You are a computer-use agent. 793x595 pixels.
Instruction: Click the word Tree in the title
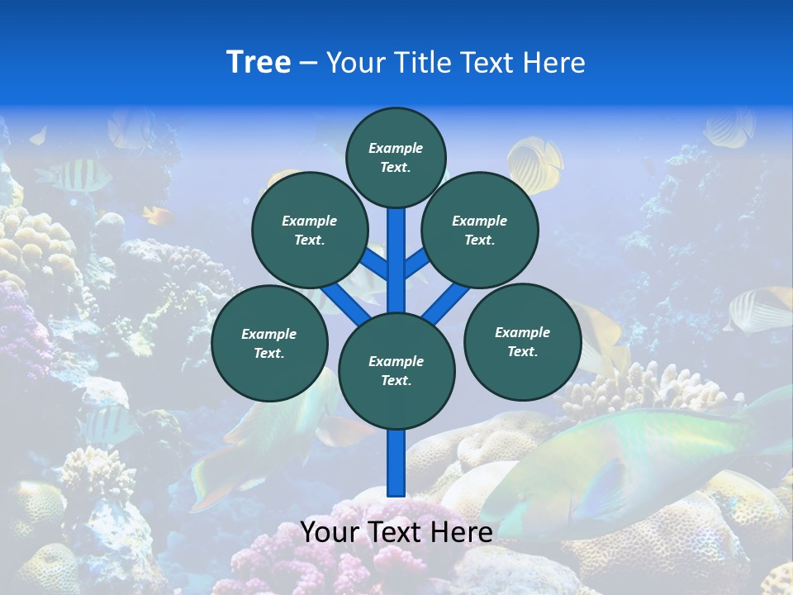[x=259, y=62]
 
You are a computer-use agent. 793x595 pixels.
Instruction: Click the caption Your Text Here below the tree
[x=396, y=531]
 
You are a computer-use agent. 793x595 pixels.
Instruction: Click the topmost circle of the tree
[x=396, y=157]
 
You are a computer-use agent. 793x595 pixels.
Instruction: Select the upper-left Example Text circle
[x=309, y=230]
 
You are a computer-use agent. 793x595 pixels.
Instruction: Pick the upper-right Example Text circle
[x=479, y=230]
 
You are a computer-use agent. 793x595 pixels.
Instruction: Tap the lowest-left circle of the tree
[x=269, y=343]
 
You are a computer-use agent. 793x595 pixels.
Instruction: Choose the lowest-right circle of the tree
[x=522, y=341]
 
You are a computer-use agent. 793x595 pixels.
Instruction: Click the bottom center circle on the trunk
[x=396, y=370]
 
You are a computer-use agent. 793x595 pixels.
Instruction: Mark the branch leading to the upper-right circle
[x=416, y=263]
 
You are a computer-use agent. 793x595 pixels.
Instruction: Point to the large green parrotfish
[x=628, y=463]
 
